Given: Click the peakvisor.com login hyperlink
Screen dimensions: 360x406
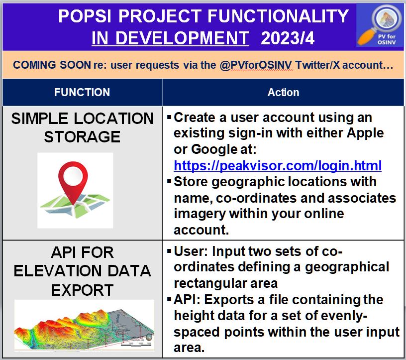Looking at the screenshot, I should (278, 165).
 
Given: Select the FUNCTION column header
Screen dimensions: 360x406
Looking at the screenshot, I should (82, 92).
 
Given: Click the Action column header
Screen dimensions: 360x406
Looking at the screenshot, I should (283, 92).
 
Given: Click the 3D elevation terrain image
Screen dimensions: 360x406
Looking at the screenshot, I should (84, 324).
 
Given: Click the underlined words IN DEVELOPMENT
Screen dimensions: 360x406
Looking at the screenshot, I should (170, 38).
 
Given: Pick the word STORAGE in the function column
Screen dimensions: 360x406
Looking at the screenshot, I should (82, 136).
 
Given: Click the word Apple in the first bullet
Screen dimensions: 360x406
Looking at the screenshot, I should (366, 133).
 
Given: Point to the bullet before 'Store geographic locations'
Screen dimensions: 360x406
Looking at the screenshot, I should (169, 181).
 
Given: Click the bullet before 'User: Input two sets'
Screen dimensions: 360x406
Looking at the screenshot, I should (169, 251).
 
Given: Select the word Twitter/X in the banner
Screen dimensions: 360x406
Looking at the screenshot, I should (317, 65).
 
